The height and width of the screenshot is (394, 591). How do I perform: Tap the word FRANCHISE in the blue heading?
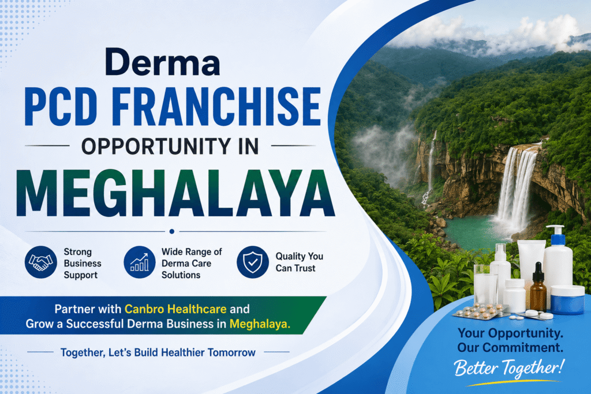(216, 107)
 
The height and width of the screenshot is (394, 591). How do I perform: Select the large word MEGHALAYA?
(175, 193)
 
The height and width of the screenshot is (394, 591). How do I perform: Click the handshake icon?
(41, 262)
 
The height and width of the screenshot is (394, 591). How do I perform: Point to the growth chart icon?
(140, 262)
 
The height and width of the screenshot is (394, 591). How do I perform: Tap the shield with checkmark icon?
(253, 262)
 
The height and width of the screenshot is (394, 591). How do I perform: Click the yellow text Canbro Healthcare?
(175, 309)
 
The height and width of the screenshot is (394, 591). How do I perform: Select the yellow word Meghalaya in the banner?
(260, 324)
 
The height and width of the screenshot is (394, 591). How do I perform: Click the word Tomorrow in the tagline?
(231, 352)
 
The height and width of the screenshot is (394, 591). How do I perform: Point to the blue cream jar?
(567, 299)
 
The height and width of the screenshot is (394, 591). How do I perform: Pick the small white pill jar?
(515, 295)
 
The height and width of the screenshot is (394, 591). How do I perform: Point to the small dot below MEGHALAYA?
(172, 231)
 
